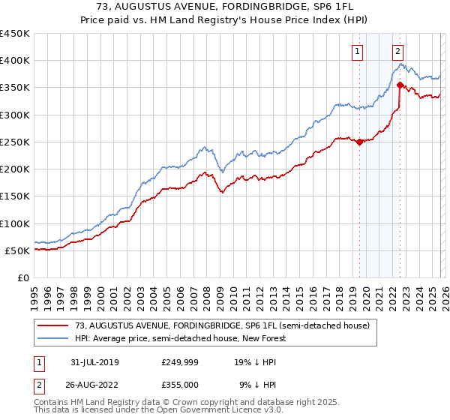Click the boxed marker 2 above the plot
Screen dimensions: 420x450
click(397, 52)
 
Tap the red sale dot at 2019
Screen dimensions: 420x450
click(360, 142)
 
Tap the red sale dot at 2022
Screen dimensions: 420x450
click(400, 85)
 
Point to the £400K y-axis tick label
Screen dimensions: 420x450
click(15, 61)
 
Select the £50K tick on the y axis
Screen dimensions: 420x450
click(18, 251)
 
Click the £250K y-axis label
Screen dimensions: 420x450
click(15, 142)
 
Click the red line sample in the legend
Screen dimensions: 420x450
click(54, 326)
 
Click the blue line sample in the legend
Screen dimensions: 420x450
click(54, 339)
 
